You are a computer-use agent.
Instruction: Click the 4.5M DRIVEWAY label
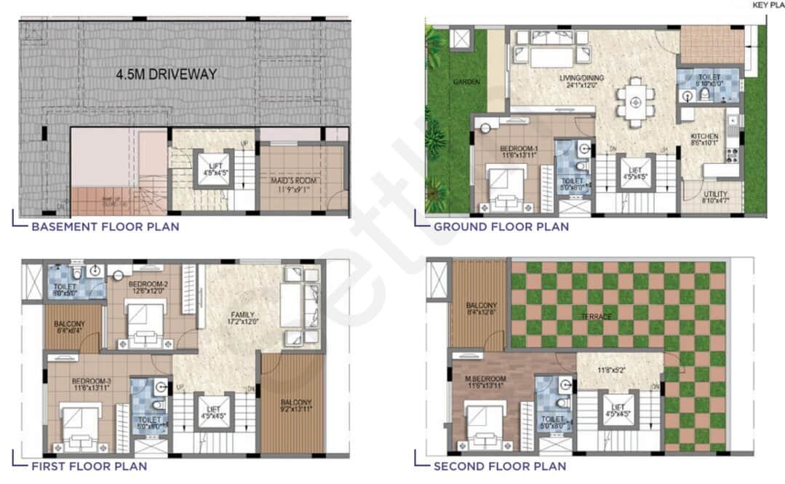point(166,74)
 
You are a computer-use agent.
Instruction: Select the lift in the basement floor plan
point(213,169)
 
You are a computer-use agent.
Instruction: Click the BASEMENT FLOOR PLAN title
point(105,226)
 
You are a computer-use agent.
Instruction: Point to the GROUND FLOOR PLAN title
point(501,226)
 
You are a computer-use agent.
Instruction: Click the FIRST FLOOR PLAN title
point(89,466)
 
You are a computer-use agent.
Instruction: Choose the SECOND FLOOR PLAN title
point(500,466)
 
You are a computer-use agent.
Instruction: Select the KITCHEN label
point(704,137)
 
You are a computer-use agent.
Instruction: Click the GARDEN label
point(466,82)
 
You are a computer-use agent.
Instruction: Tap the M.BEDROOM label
point(487,379)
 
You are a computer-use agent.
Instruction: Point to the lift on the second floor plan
point(618,411)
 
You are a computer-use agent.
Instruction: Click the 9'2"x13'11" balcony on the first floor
point(292,405)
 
